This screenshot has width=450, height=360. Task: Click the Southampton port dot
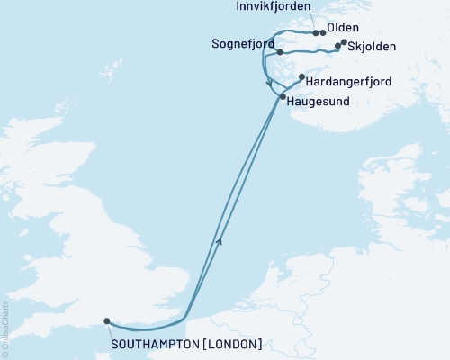point(107,320)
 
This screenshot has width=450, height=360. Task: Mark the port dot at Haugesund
point(283,96)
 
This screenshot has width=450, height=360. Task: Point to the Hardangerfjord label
point(348,82)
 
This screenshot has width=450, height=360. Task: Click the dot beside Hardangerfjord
point(301,77)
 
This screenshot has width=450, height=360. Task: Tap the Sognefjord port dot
point(280,51)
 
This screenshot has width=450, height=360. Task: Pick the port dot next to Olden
point(323,32)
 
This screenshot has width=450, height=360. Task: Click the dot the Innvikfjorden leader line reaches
point(315,32)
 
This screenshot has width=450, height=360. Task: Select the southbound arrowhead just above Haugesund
point(271,85)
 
